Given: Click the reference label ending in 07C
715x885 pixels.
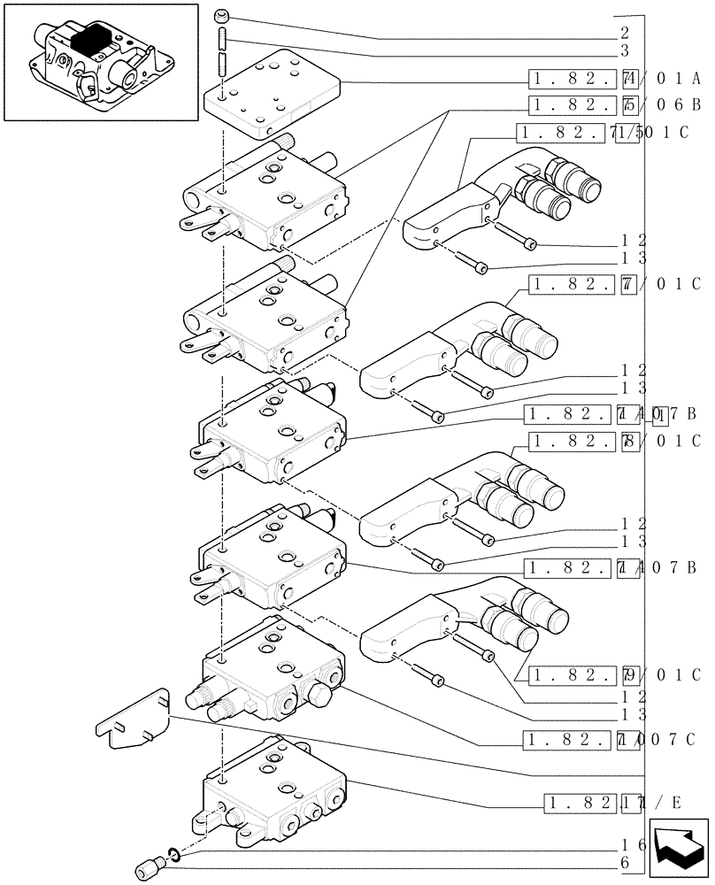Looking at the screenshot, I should point(611,740).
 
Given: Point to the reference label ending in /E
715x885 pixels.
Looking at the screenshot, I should point(610,804).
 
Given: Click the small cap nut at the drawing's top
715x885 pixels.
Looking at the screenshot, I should point(222,15).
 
